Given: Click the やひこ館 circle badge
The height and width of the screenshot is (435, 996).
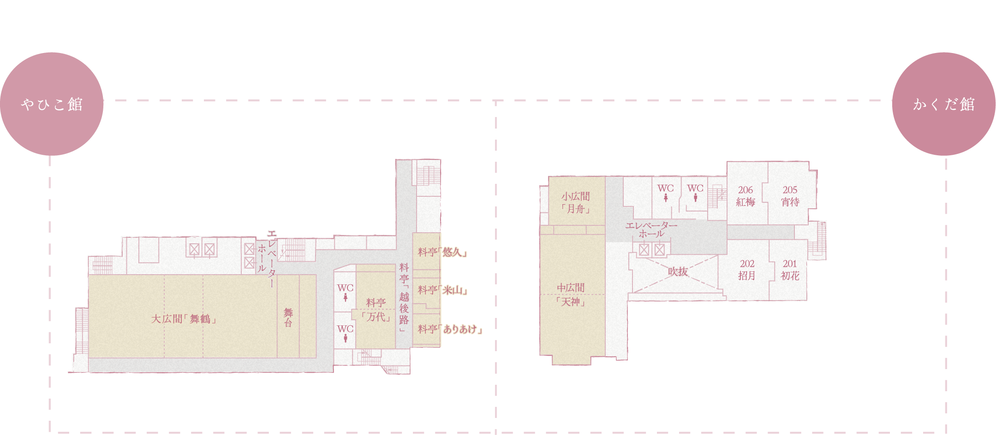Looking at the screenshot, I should [x=51, y=104].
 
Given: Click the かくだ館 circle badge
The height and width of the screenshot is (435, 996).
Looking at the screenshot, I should [x=943, y=104].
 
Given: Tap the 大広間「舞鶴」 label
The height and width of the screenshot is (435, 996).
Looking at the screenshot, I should [x=184, y=319].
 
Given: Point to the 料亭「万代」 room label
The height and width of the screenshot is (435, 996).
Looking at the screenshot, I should [x=376, y=310].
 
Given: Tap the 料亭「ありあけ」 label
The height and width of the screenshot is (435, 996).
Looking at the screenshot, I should [x=450, y=329].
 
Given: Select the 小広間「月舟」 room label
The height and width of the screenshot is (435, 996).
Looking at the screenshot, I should [x=575, y=203].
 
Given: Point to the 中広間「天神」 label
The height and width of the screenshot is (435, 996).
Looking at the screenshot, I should [x=571, y=295].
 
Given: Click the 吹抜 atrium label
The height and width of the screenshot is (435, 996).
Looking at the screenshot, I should [x=678, y=272].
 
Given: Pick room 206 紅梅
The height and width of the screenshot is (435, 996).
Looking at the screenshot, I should [x=746, y=196].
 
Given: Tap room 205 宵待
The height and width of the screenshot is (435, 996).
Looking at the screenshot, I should [x=790, y=196].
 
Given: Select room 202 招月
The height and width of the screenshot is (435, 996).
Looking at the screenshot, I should [x=747, y=270].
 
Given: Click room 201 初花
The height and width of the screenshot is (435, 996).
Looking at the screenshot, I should [x=789, y=270].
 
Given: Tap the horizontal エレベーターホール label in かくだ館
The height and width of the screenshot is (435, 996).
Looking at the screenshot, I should [x=651, y=229].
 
